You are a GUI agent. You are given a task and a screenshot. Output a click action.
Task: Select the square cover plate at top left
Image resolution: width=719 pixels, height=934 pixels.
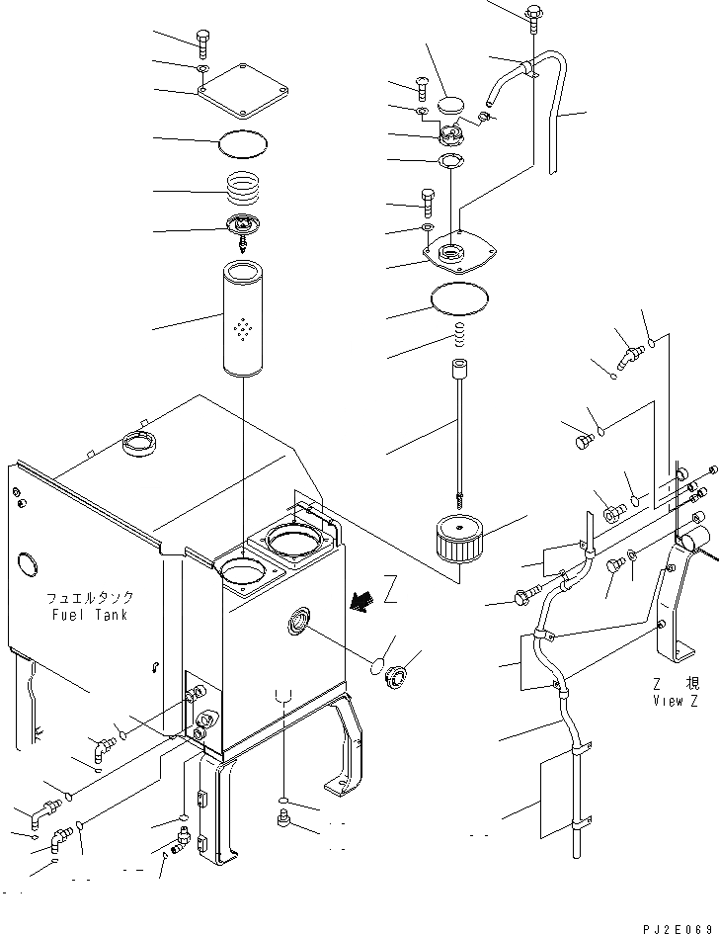(242, 88)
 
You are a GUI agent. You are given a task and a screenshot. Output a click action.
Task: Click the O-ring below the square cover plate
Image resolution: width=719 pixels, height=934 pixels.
(242, 143)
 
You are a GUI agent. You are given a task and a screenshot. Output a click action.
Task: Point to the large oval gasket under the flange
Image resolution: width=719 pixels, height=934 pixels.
(459, 296)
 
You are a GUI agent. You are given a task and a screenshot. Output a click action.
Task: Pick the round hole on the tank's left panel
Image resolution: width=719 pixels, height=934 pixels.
(24, 566)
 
